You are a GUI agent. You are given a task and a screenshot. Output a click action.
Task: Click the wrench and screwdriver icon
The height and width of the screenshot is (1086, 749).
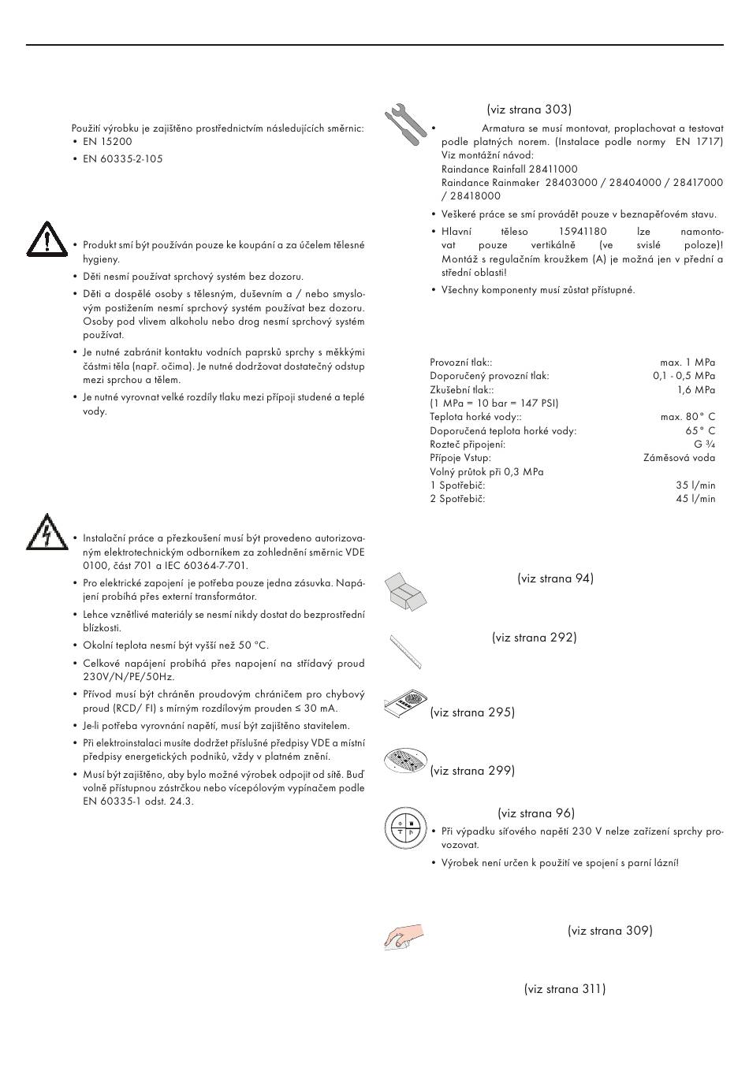[405, 124]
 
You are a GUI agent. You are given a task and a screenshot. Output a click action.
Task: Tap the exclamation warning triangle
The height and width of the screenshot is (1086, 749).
[46, 239]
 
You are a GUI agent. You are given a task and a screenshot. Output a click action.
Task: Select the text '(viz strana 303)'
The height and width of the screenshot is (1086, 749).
[529, 110]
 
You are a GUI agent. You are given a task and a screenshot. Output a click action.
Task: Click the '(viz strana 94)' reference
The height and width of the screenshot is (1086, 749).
[555, 578]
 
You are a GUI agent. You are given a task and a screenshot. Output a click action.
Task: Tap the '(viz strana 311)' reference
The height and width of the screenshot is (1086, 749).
[565, 989]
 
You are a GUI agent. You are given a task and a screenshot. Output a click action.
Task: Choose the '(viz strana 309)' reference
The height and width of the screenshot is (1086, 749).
[609, 931]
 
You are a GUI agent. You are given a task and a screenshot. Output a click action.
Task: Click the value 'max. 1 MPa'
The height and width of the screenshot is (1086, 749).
[688, 363]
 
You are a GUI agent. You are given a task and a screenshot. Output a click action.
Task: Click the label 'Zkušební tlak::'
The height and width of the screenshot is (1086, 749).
[462, 390]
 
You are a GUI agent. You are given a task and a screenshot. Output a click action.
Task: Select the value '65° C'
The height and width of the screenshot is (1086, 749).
[700, 431]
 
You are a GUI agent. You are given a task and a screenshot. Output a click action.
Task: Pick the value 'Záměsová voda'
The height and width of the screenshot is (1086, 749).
[679, 458]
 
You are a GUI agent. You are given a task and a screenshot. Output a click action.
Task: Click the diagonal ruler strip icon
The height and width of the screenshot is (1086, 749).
[405, 651]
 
